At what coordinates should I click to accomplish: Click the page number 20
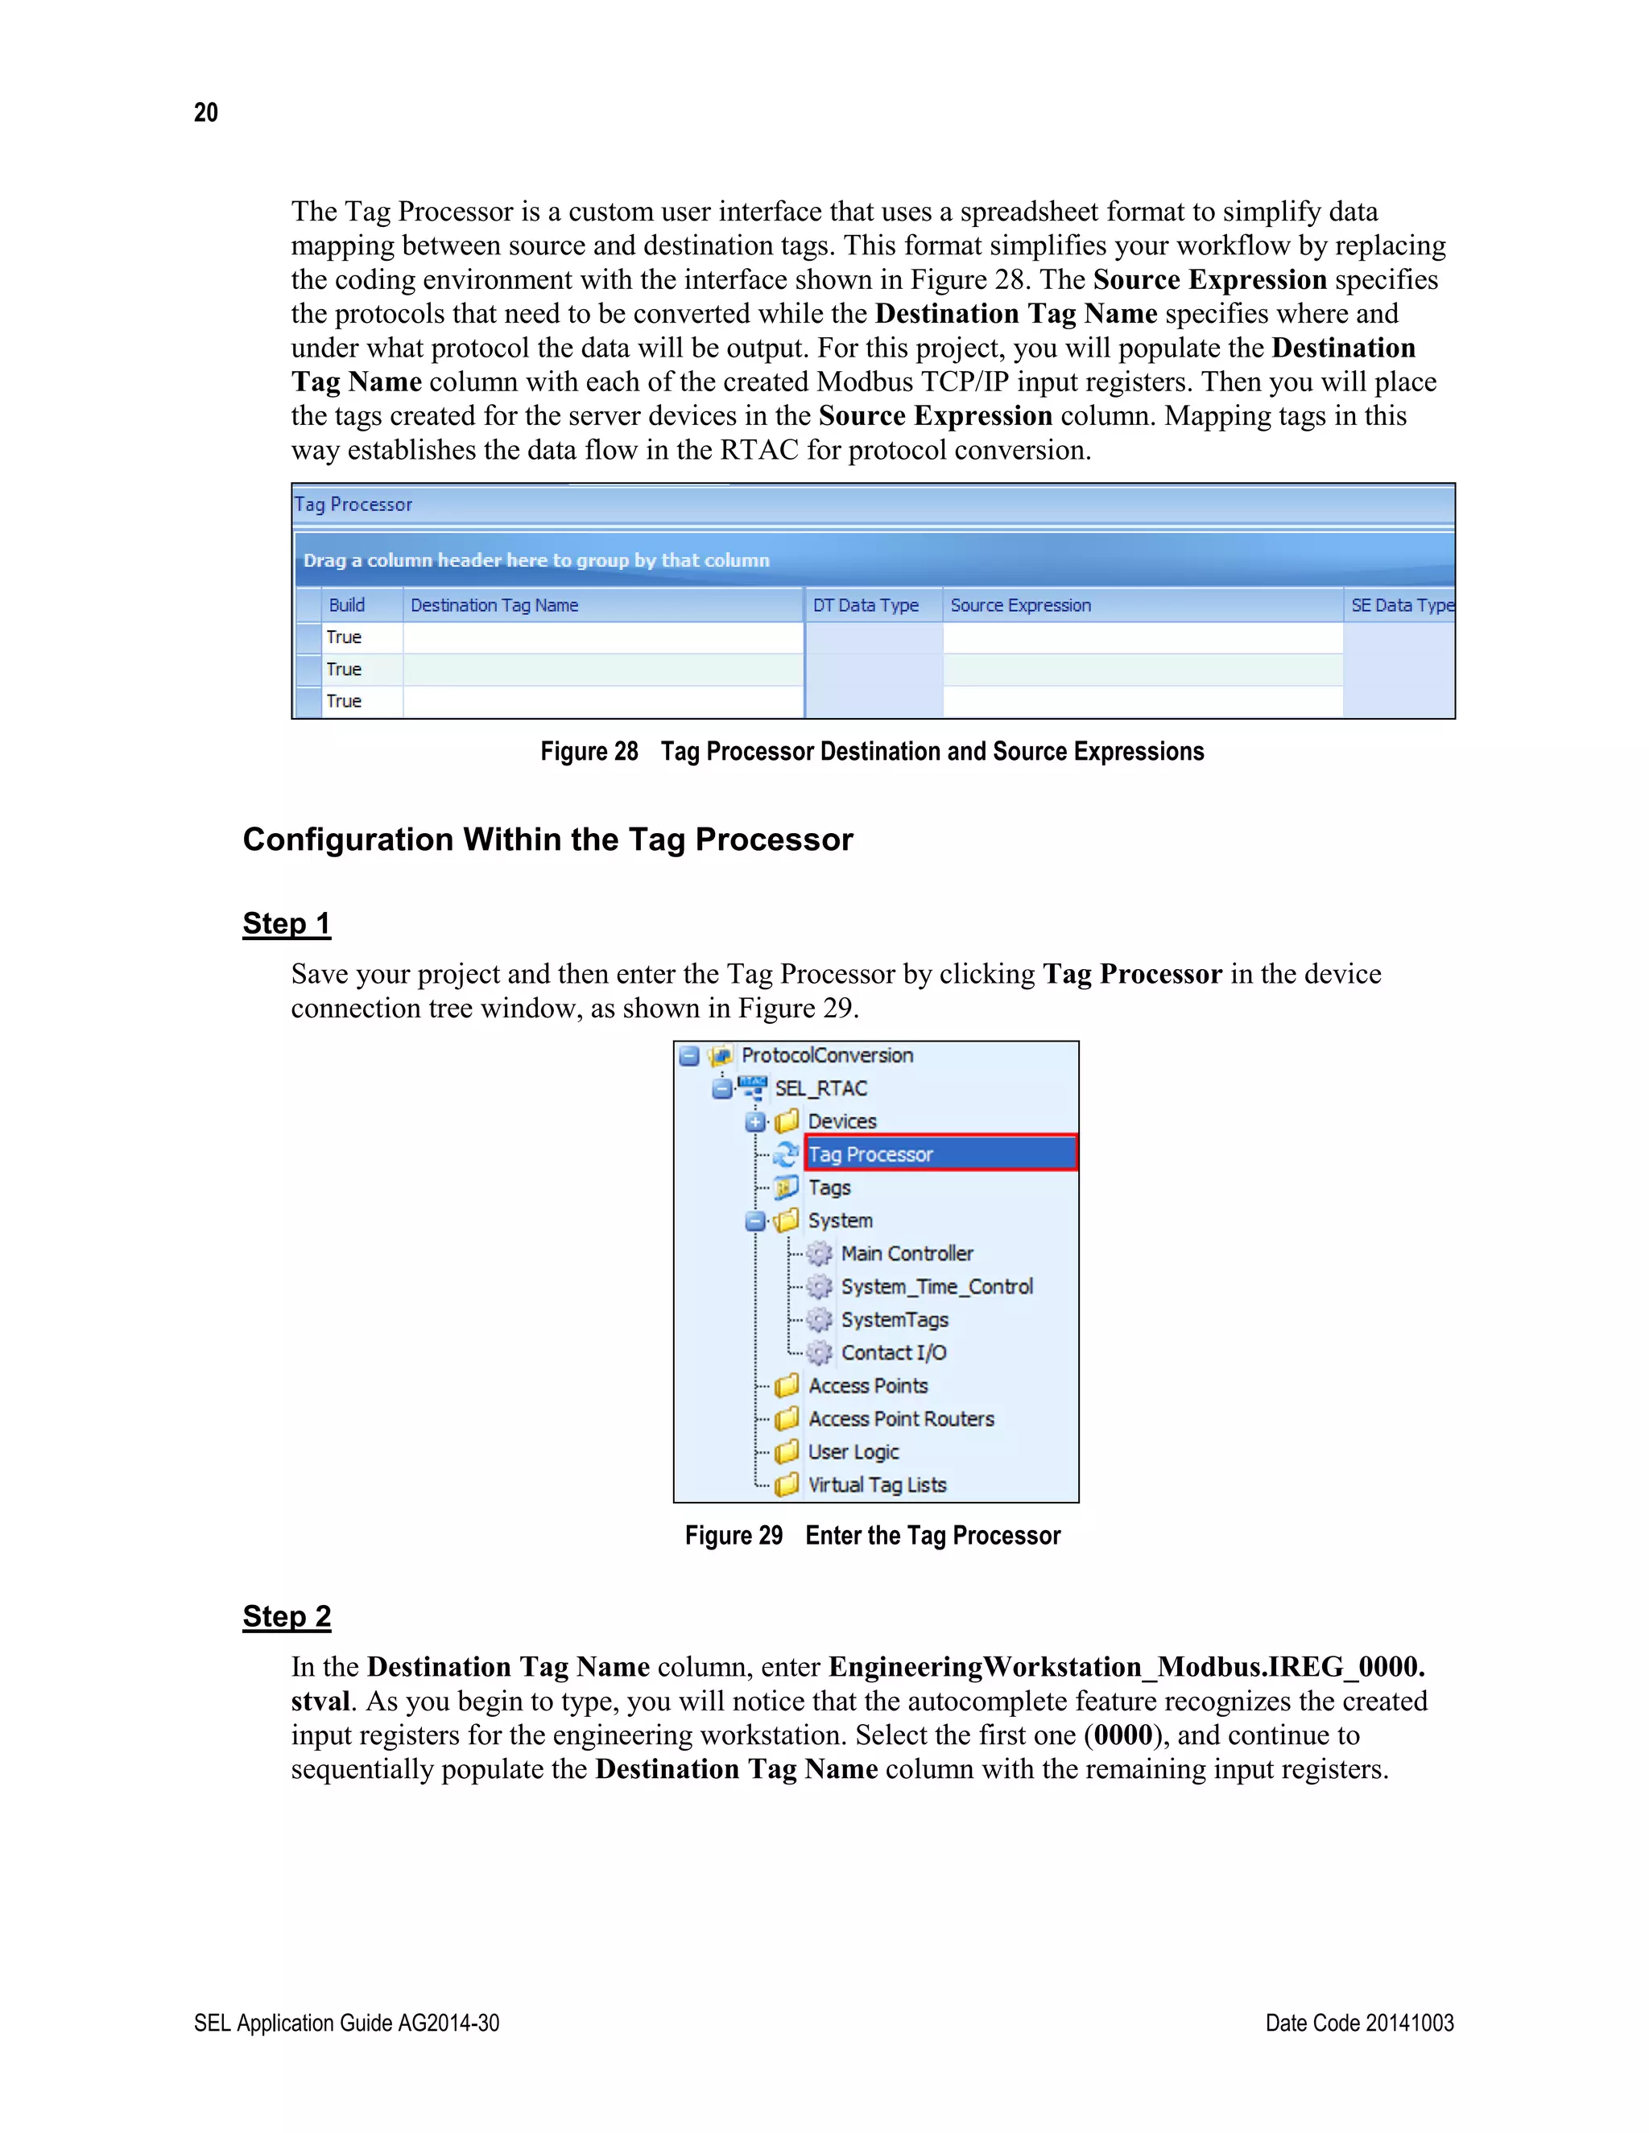coord(205,113)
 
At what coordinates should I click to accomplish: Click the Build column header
coord(347,604)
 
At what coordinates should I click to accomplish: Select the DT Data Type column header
coord(866,604)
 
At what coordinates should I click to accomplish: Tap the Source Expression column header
coord(1020,604)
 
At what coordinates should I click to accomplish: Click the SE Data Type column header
coord(1401,604)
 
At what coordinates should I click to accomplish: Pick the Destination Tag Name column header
coord(494,604)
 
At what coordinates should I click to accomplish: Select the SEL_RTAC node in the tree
coord(820,1088)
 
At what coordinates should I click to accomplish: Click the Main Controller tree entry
coord(907,1253)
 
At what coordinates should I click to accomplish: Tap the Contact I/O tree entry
coord(893,1353)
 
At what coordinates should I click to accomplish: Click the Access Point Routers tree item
coord(901,1418)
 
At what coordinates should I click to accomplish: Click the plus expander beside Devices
coord(755,1121)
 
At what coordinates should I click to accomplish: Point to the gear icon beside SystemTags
coord(820,1319)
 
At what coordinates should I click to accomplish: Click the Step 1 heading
coord(286,923)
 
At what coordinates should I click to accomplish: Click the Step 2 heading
coord(286,1616)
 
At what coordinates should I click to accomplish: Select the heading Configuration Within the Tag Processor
coord(547,839)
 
